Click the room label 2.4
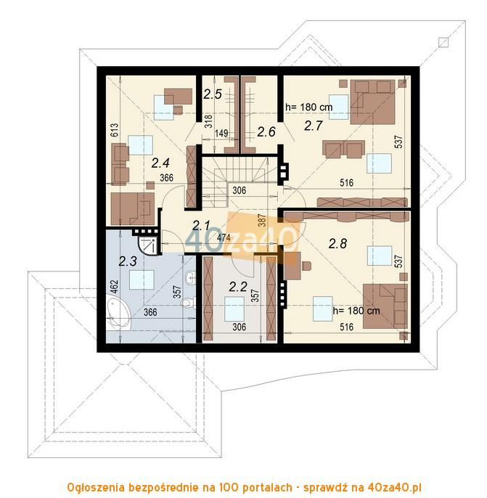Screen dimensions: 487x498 tap(160, 163)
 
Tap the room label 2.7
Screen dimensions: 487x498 tap(313, 126)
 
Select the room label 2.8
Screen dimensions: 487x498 tap(337, 244)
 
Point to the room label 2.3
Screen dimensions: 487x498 tap(128, 261)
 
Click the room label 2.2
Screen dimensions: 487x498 tap(238, 287)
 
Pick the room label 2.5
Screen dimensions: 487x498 tap(213, 94)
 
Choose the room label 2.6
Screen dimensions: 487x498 tap(266, 132)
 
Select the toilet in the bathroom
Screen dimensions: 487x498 tap(189, 302)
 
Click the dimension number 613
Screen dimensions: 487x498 tap(115, 130)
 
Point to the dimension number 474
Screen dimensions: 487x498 tap(225, 237)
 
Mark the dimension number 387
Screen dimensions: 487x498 tap(262, 220)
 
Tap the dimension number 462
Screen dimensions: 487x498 tap(115, 287)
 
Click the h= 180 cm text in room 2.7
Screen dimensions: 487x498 tap(309, 107)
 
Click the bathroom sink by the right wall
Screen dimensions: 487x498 tap(191, 278)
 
